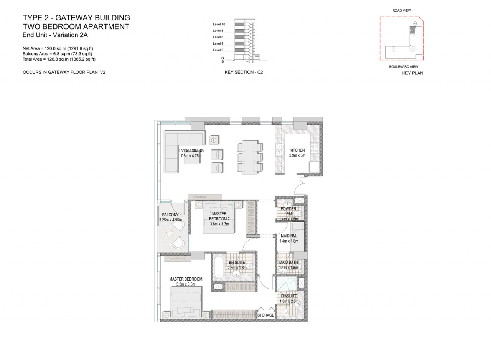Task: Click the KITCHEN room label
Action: pos(297,150)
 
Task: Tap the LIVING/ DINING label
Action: pos(191,150)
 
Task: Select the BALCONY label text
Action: pos(170,215)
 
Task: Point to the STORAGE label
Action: pos(266,315)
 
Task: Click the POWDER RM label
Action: pos(288,211)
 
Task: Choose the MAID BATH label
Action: pos(288,262)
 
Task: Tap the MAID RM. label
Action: pos(289,236)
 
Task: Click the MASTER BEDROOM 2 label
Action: pos(219,216)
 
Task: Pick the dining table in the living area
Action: pos(250,157)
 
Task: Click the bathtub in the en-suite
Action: pos(219,267)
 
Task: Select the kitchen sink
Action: pos(280,150)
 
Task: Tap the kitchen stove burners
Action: pos(315,149)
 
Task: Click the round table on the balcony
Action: pos(170,233)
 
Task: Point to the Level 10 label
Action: pos(219,24)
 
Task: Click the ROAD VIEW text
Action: pos(402,10)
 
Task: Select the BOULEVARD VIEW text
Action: pos(404,67)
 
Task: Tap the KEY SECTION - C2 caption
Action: pos(244,72)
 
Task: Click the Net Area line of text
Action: pos(58,48)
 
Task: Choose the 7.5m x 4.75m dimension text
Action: pos(191,156)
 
